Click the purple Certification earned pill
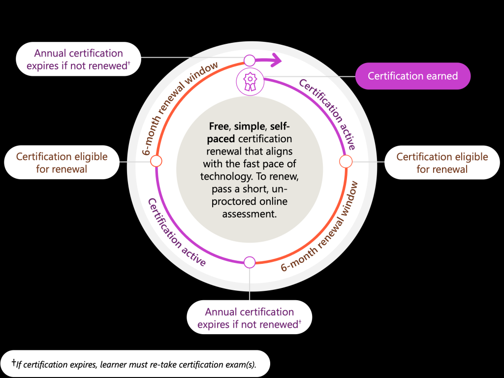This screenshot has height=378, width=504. click(x=413, y=76)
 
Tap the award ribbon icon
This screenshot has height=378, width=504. click(x=250, y=82)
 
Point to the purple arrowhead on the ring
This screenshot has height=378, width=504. click(x=276, y=60)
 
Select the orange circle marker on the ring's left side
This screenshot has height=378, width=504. click(x=156, y=161)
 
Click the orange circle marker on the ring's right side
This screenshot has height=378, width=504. click(x=346, y=161)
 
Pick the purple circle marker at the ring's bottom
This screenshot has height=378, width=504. click(x=250, y=262)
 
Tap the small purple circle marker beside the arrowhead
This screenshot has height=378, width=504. click(x=250, y=60)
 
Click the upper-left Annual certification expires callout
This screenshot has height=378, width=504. click(x=78, y=59)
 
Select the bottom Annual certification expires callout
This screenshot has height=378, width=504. click(x=250, y=317)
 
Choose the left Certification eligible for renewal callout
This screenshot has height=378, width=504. click(x=62, y=162)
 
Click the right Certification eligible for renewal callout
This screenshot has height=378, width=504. click(x=442, y=162)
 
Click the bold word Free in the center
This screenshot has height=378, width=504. click(x=219, y=126)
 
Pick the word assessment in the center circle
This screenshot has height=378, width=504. click(x=250, y=214)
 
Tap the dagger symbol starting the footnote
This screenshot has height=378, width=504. click(x=14, y=363)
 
